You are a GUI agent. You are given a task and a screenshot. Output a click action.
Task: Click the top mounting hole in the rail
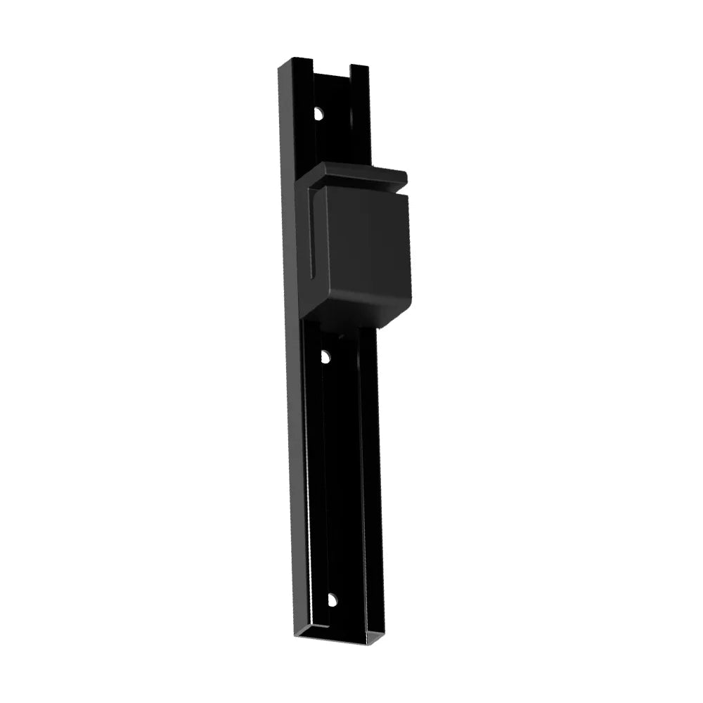coord(318,112)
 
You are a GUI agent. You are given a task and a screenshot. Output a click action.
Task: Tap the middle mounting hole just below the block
coord(325,356)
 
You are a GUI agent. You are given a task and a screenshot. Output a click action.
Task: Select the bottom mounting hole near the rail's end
coord(331,600)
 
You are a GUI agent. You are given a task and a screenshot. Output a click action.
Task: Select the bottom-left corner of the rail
coord(298,637)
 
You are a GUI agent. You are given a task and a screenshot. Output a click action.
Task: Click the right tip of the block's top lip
coord(405,175)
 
